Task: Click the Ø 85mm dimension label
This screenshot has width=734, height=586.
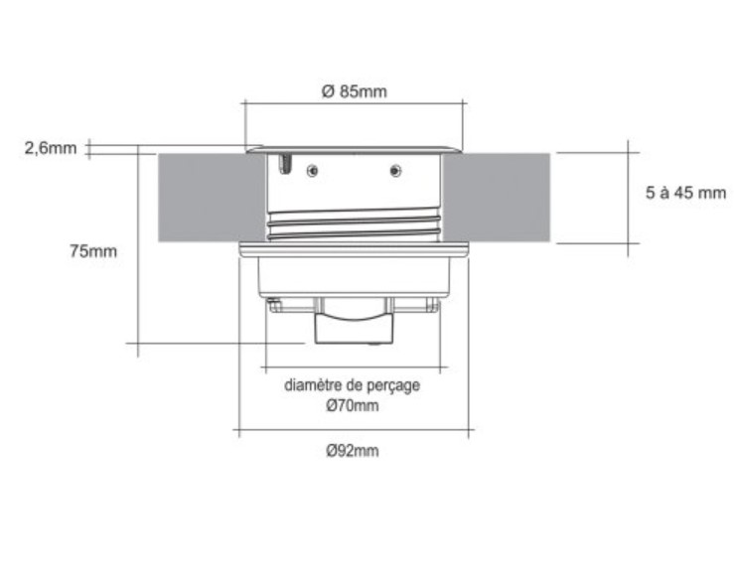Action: click(355, 91)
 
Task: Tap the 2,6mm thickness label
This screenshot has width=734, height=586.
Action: click(51, 148)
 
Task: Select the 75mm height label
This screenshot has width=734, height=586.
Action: click(93, 251)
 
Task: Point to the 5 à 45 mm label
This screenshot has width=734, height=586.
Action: click(685, 193)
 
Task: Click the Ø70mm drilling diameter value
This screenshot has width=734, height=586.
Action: click(353, 405)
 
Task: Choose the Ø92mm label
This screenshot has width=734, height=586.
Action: click(353, 451)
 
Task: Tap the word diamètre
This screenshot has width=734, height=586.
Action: click(314, 385)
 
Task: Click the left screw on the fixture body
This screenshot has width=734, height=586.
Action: click(312, 171)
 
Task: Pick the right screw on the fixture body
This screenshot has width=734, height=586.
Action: click(395, 171)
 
